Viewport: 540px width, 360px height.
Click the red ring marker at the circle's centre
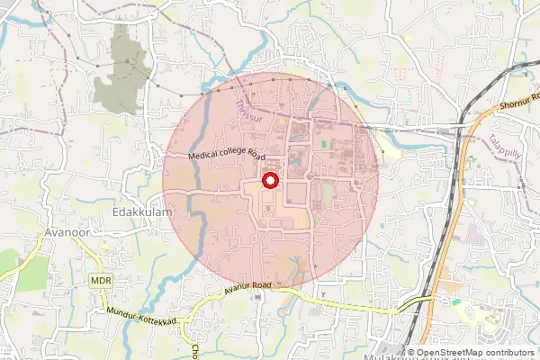tap(270, 181)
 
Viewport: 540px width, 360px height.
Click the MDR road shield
tap(101, 281)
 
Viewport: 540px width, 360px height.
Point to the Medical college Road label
tap(226, 154)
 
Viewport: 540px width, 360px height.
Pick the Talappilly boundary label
tap(505, 148)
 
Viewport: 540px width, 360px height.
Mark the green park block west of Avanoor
tap(32, 273)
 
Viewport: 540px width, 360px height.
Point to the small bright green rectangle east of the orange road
tap(456, 302)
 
